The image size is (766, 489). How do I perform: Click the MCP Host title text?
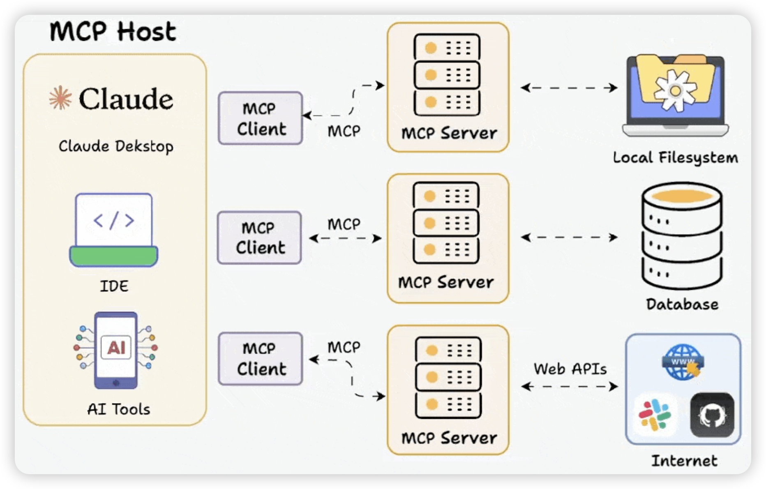pyautogui.click(x=113, y=32)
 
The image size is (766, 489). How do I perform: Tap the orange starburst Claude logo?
pyautogui.click(x=60, y=98)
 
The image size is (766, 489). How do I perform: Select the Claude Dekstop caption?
pyautogui.click(x=116, y=146)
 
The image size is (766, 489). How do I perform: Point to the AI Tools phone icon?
pyautogui.click(x=116, y=350)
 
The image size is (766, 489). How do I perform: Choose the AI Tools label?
pyautogui.click(x=119, y=409)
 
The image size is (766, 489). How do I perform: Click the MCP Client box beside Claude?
pyautogui.click(x=261, y=118)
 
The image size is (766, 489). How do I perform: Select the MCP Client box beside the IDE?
pyautogui.click(x=259, y=238)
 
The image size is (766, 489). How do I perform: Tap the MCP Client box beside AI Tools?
pyautogui.click(x=261, y=359)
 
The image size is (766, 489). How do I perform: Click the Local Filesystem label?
pyautogui.click(x=675, y=158)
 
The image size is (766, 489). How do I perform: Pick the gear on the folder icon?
pyautogui.click(x=675, y=90)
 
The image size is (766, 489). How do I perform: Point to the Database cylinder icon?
pyautogui.click(x=682, y=236)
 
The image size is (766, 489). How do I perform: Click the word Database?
pyautogui.click(x=682, y=304)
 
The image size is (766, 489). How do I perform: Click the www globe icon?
pyautogui.click(x=683, y=362)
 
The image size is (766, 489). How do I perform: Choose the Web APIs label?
pyautogui.click(x=570, y=369)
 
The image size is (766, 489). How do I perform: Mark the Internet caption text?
pyautogui.click(x=684, y=461)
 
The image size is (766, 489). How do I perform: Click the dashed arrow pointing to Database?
pyautogui.click(x=569, y=238)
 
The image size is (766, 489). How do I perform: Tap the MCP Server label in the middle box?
pyautogui.click(x=446, y=282)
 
